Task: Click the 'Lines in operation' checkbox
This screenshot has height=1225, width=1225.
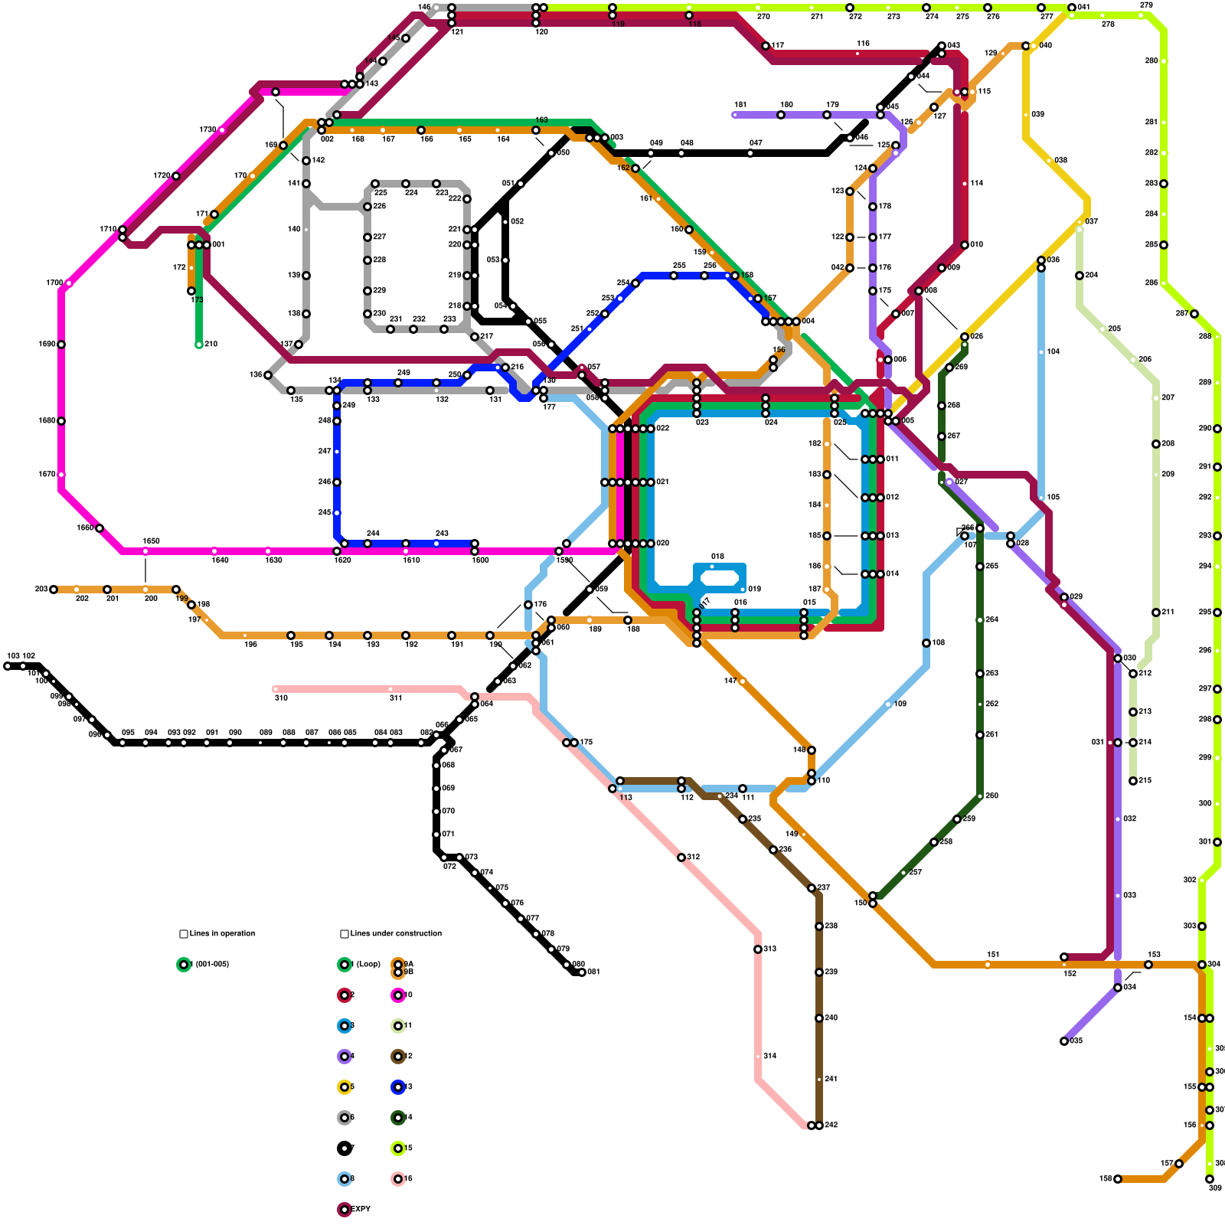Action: point(184,934)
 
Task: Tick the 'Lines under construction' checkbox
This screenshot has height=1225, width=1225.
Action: point(345,934)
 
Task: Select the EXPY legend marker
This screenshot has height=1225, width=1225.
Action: point(345,1210)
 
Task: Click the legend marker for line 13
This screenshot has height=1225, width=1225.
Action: point(398,1087)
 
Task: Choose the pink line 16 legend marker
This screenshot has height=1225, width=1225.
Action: point(398,1179)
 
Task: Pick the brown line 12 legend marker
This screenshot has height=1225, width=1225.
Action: point(398,1057)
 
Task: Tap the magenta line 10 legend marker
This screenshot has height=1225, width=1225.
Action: point(398,995)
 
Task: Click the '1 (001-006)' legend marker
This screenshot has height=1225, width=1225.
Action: point(184,965)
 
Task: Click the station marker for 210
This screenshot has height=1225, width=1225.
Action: point(199,345)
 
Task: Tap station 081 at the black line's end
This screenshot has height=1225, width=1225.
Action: point(582,972)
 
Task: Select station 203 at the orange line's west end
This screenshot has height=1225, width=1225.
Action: point(54,590)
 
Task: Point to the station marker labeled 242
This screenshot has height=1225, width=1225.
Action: point(819,1125)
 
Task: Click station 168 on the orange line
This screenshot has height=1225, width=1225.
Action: point(1118,1179)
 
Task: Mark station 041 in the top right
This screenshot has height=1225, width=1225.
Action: point(1072,8)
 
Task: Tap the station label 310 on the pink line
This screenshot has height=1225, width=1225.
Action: point(281,698)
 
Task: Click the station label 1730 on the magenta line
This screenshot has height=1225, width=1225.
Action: point(207,130)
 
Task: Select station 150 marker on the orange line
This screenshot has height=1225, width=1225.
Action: point(873,903)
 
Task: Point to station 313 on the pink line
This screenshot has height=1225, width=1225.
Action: point(758,949)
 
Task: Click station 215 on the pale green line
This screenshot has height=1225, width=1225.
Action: point(1133,781)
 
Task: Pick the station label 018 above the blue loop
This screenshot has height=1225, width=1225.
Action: point(717,557)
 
